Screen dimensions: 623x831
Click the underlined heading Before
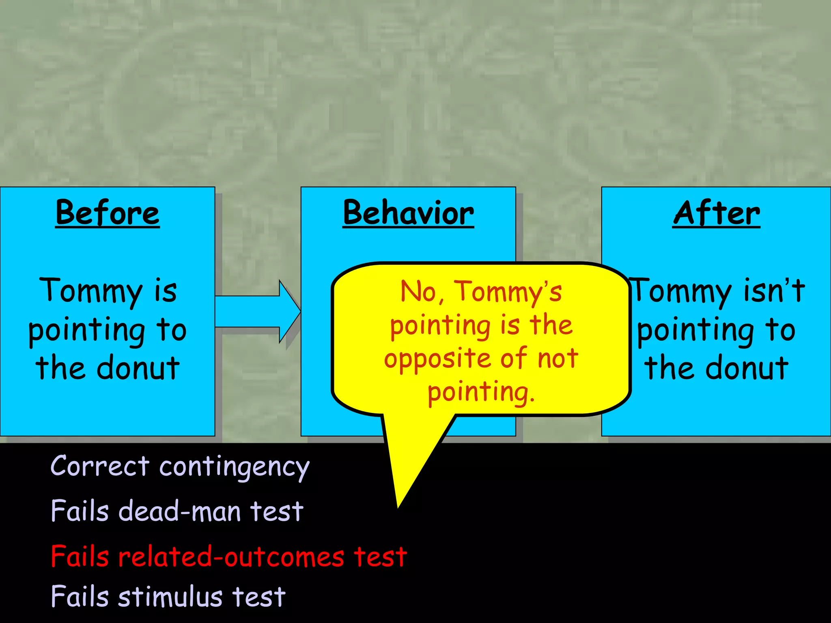click(108, 213)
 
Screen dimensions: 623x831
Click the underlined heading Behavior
click(408, 213)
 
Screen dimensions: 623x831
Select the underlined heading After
click(716, 213)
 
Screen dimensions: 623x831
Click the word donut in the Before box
click(138, 367)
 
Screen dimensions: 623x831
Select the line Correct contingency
click(180, 466)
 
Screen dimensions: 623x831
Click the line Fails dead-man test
click(177, 511)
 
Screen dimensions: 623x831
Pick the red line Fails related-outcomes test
click(228, 556)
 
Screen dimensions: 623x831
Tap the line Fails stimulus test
click(168, 597)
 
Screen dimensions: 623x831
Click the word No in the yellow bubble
click(420, 292)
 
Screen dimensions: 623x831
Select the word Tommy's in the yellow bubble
click(508, 292)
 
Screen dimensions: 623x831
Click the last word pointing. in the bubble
click(481, 393)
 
